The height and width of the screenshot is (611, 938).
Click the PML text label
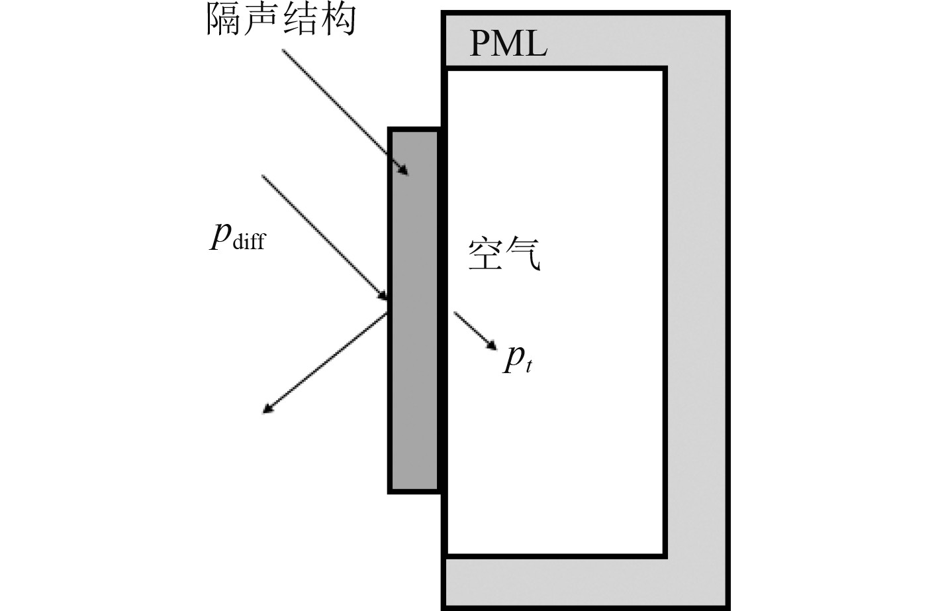pos(508,43)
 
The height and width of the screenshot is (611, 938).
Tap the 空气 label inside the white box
pos(504,254)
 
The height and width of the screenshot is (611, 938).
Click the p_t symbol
pos(518,359)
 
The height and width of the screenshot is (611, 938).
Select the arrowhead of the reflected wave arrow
pos(267,409)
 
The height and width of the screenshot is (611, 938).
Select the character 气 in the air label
pos(524,254)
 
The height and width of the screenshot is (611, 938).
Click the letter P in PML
pos(481,43)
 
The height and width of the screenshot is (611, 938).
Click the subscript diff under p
pos(249,242)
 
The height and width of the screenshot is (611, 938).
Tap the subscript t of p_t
pos(528,366)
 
